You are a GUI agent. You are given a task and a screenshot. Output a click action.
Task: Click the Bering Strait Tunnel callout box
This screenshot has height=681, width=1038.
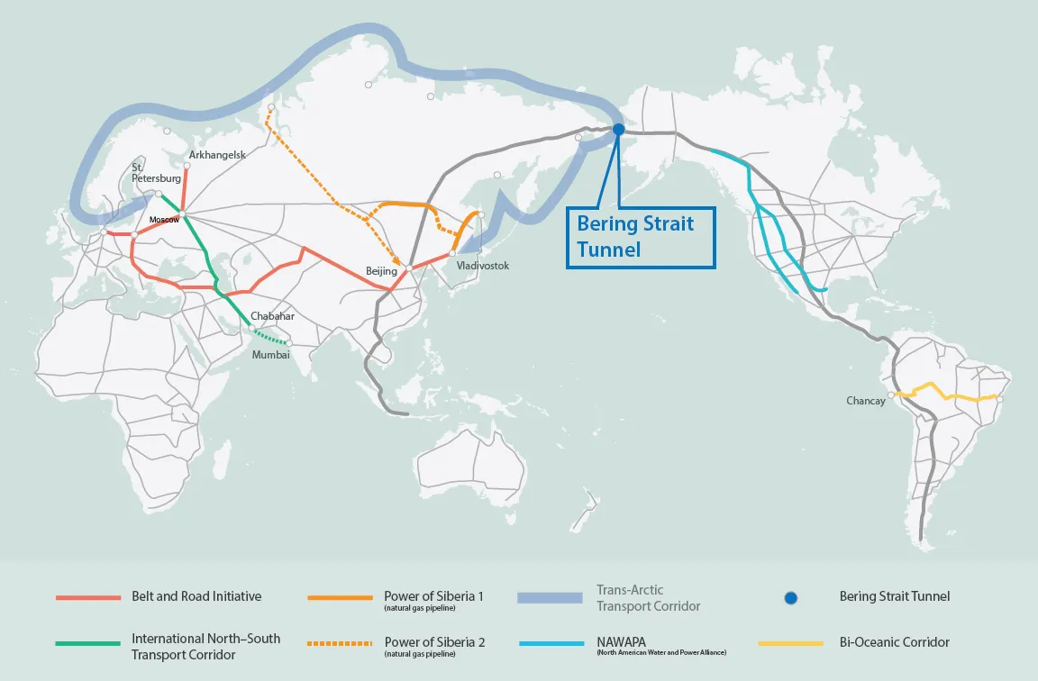(642, 236)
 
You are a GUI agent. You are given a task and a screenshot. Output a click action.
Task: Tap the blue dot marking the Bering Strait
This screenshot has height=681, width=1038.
(619, 130)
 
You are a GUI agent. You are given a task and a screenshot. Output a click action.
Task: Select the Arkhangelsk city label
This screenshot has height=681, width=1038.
(217, 155)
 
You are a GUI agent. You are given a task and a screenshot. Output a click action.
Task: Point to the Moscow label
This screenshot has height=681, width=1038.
(165, 219)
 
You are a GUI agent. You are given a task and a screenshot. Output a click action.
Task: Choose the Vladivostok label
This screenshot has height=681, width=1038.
(483, 266)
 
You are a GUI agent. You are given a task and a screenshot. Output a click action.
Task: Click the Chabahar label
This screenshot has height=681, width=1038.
(273, 316)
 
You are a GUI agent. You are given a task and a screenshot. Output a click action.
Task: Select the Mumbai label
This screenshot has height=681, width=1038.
(271, 355)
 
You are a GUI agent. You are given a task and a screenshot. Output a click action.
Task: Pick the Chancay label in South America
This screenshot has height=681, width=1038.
(866, 401)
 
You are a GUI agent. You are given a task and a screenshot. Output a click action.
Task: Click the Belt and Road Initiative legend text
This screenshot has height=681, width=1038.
(196, 596)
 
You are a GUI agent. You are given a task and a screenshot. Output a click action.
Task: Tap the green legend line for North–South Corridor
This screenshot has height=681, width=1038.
(87, 644)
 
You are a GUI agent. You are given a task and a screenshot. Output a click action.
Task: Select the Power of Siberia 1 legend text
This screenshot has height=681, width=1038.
(434, 596)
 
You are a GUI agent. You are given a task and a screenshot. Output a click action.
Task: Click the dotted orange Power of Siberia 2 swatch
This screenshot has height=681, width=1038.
(340, 644)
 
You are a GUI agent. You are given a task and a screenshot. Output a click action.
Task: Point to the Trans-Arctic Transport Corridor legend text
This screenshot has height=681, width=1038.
(648, 598)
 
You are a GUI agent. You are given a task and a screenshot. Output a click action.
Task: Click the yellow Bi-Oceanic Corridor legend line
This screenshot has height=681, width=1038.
(790, 644)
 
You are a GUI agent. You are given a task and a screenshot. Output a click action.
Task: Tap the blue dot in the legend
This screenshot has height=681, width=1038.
(790, 597)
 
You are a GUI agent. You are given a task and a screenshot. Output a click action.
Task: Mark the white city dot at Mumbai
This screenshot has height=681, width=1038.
(289, 343)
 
